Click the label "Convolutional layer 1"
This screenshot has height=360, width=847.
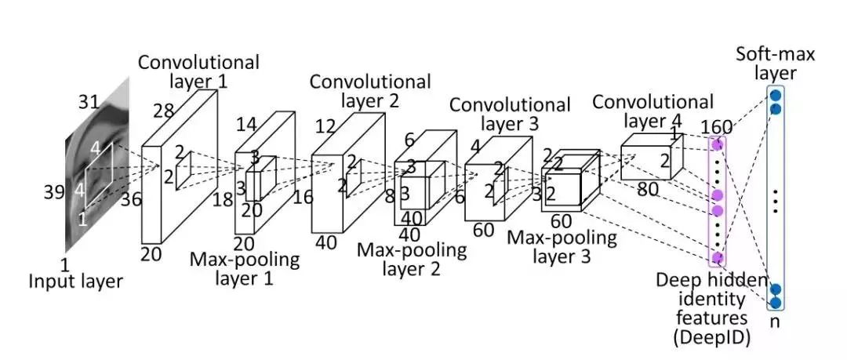(198, 71)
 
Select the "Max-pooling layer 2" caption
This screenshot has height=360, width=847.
(411, 259)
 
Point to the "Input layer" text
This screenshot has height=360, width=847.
(75, 280)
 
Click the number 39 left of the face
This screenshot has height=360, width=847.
(54, 192)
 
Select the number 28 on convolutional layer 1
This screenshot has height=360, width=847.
(163, 111)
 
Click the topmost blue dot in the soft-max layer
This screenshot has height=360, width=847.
(775, 96)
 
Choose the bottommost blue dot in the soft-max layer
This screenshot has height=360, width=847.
(775, 303)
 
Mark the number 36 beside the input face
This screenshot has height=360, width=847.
(131, 200)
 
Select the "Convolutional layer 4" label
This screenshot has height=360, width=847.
(653, 111)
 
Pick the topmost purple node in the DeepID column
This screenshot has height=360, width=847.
(716, 144)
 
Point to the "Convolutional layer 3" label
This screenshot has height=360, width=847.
(509, 114)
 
